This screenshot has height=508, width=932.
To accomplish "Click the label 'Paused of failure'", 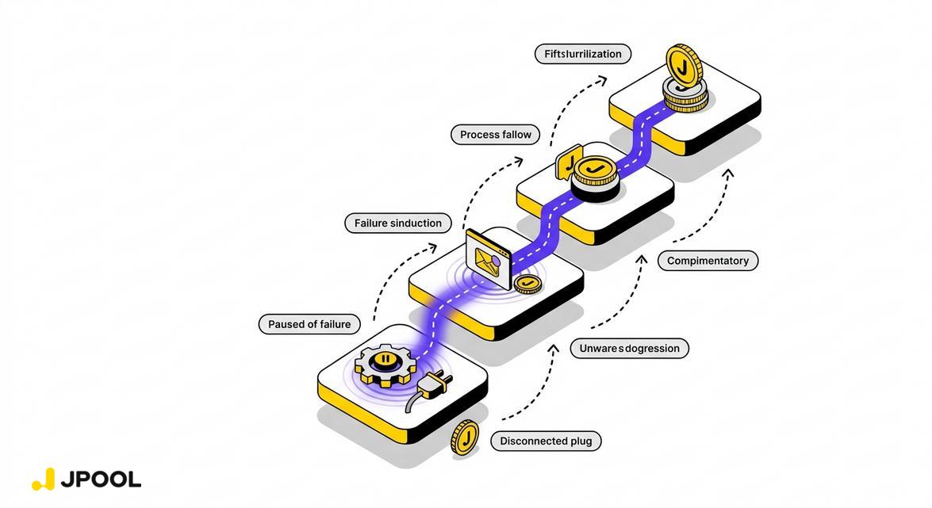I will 309,324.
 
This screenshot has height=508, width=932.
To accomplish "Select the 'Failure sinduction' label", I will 397,223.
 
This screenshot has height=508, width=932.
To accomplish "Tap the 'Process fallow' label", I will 495,135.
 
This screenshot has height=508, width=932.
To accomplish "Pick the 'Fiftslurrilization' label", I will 583,54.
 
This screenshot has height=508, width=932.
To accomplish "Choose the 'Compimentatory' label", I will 708,261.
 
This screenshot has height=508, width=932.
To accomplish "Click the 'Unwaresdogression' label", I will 629,348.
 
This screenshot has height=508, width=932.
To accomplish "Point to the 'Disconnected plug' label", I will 546,441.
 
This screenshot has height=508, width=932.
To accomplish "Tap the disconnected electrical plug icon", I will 428,385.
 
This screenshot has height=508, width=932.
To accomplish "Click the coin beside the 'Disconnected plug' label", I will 466,437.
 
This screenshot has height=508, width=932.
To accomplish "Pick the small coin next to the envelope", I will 526,284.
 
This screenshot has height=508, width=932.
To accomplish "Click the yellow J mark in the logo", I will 44,479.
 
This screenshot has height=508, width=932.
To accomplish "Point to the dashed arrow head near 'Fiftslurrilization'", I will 603,78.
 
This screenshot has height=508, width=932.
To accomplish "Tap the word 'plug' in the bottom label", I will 581,441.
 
